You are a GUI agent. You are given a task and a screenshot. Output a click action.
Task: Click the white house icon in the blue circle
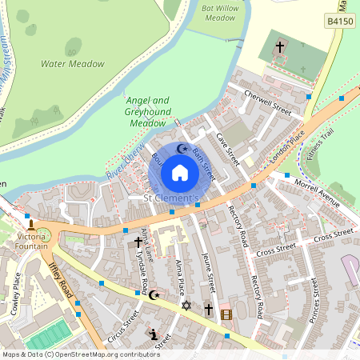[180, 172]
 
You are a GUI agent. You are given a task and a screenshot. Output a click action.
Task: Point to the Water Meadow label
[72, 64]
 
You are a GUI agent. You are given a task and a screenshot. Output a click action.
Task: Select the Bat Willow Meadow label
[219, 13]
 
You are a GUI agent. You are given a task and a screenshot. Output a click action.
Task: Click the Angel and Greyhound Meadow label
[148, 112]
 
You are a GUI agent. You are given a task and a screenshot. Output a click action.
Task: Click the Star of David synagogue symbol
[187, 306]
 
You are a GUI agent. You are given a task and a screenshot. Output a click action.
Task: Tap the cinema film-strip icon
[226, 314]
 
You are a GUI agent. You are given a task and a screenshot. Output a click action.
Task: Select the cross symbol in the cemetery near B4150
[280, 47]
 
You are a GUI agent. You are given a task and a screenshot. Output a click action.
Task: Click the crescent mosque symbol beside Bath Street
[182, 149]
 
